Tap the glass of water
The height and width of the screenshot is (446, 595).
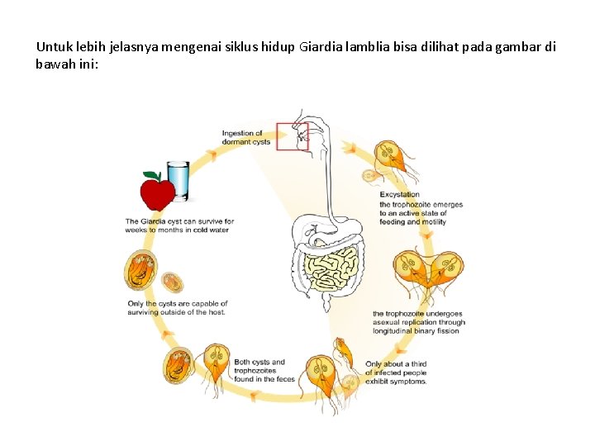[178, 181]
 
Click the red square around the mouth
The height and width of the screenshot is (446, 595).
[292, 136]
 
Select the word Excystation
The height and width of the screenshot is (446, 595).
[399, 195]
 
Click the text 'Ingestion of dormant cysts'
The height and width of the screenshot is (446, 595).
[245, 137]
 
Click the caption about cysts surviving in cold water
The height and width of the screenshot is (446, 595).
[179, 225]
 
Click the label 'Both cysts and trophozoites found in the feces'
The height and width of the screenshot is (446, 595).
[264, 370]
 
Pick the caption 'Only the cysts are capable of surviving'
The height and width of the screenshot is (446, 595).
[178, 308]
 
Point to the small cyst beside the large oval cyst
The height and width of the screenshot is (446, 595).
[172, 282]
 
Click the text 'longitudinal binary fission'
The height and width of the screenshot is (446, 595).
[416, 331]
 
